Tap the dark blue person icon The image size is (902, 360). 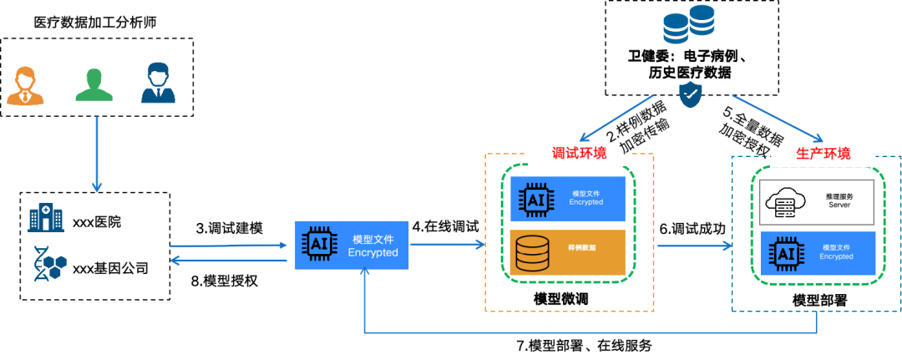pyautogui.click(x=158, y=84)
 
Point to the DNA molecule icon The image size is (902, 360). pyautogui.click(x=49, y=263)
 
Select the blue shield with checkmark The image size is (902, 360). pyautogui.click(x=690, y=94)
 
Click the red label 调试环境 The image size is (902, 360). pyautogui.click(x=580, y=154)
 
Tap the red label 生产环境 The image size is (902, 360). pyautogui.click(x=823, y=155)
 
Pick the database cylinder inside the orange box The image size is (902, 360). pyautogui.click(x=532, y=253)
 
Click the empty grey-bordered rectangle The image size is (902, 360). pyautogui.click(x=816, y=202)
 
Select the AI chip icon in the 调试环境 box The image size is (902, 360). pyautogui.click(x=535, y=200)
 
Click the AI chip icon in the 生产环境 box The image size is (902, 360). pyautogui.click(x=786, y=253)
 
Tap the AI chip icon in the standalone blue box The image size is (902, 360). pyautogui.click(x=318, y=244)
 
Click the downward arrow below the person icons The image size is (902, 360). pyautogui.click(x=96, y=155)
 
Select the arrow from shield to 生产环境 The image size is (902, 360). pyautogui.click(x=777, y=118)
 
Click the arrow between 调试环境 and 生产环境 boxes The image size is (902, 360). pyautogui.click(x=695, y=246)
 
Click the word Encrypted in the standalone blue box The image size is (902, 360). pyautogui.click(x=372, y=252)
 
